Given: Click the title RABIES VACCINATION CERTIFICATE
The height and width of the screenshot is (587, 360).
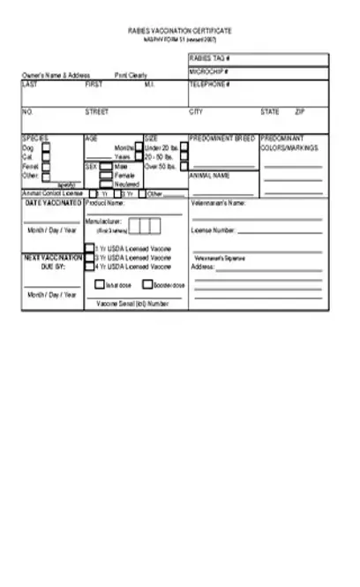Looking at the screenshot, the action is click(x=179, y=30).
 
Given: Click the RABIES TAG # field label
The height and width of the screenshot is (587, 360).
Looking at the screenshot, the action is click(x=205, y=58).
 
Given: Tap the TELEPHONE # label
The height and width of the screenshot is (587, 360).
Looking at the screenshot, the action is click(x=209, y=84).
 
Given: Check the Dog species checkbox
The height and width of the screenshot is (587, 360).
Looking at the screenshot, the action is click(x=45, y=147).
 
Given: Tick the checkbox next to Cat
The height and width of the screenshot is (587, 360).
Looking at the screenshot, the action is click(x=45, y=156).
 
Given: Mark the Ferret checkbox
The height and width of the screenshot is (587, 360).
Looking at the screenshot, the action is click(x=45, y=165).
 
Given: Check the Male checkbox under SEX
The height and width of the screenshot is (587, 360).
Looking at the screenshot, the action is click(x=106, y=165).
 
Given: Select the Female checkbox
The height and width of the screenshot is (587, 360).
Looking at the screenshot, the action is click(x=106, y=175).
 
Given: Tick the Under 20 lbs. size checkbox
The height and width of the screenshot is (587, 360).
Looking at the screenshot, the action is click(x=139, y=147).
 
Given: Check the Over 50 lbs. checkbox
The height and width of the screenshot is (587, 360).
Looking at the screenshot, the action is click(x=139, y=165).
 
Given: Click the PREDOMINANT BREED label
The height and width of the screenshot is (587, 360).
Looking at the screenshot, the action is click(x=222, y=139).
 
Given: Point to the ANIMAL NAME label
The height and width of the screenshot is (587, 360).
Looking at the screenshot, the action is click(x=209, y=176).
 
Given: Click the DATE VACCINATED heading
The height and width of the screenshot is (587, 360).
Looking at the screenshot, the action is click(x=53, y=203).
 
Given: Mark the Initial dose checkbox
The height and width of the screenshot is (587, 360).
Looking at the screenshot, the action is click(x=100, y=285).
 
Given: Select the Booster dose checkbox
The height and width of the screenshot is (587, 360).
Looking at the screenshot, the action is click(x=147, y=285).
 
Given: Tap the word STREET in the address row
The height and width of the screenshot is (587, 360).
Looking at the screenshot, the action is click(x=97, y=112).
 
